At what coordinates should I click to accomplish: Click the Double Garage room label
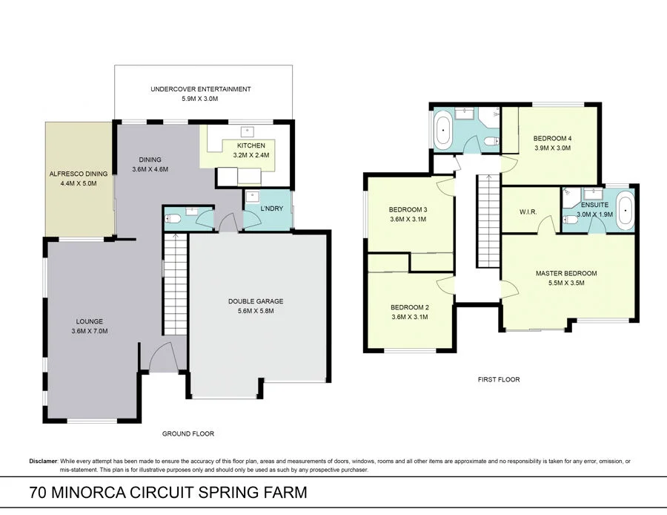(255, 301)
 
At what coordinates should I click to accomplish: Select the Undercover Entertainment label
(200, 89)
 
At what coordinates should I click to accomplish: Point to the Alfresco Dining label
(78, 174)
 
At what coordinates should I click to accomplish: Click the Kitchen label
(246, 145)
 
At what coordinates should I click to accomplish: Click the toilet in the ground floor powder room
(173, 218)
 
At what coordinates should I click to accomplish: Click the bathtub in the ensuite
(625, 209)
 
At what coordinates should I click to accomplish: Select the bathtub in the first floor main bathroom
(443, 130)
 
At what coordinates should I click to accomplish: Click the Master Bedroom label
(566, 273)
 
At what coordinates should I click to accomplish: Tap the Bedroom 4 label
(552, 138)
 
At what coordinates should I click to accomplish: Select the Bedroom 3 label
(409, 210)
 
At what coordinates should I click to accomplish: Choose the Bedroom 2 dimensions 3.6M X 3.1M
(409, 317)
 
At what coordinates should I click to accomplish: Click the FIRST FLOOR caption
(498, 379)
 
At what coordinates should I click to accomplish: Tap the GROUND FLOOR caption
(188, 433)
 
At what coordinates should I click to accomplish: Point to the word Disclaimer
(43, 461)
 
